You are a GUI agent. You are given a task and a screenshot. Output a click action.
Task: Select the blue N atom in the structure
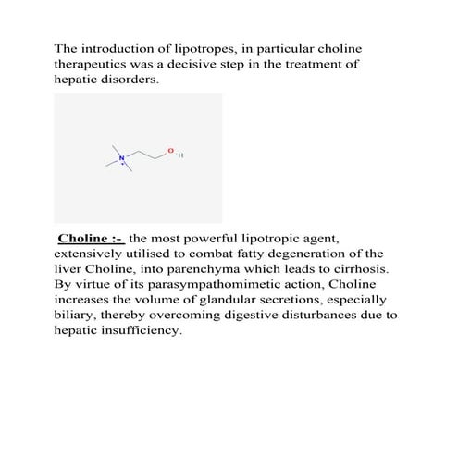pos(120,158)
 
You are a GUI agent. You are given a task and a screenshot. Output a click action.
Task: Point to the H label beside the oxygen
pos(180,156)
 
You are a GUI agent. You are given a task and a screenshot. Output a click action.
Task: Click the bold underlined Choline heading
pos(90,238)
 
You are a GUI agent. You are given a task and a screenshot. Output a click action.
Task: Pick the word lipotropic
pos(279,238)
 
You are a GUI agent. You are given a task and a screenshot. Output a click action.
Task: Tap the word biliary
pos(76,316)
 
